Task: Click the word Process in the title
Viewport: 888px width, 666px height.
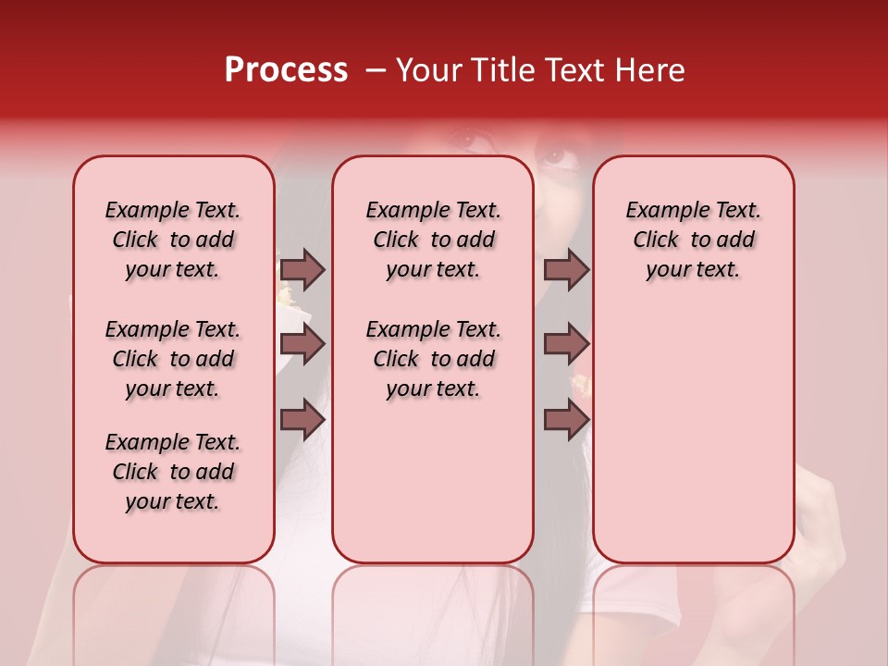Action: coord(286,70)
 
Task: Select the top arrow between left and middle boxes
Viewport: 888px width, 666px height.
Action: coord(302,269)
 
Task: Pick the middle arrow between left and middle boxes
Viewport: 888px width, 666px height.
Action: coord(302,345)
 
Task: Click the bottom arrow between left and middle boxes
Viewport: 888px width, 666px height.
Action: coord(302,420)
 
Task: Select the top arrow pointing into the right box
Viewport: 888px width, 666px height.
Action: coord(566,269)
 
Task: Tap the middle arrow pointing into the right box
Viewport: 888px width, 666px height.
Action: coord(566,345)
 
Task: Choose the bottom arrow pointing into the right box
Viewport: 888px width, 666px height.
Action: coord(566,420)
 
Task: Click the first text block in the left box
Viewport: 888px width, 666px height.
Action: coord(173,240)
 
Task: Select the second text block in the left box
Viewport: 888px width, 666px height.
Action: coord(173,359)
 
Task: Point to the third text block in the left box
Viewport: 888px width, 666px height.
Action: coord(173,472)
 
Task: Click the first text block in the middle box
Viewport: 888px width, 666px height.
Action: coord(433,240)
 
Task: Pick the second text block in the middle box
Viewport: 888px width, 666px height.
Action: coord(433,359)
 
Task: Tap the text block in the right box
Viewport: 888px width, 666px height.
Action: coord(693,240)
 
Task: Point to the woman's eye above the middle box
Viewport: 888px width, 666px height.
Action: coord(472,142)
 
